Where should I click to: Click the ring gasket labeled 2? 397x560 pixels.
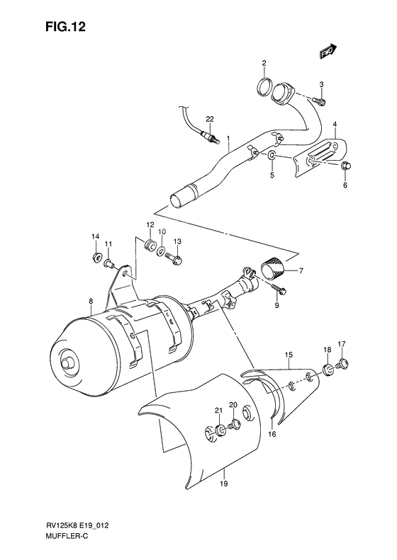coord(264,88)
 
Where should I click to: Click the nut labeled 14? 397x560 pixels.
coord(96,256)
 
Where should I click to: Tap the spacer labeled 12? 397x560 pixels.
coord(150,246)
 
